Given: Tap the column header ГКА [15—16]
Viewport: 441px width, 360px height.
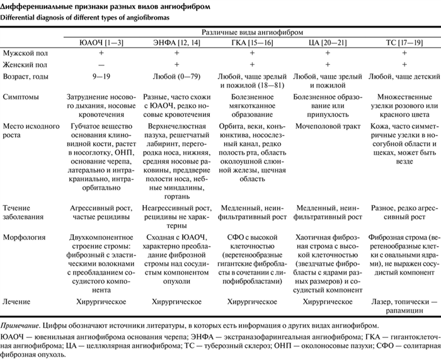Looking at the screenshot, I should pyautogui.click(x=252, y=43).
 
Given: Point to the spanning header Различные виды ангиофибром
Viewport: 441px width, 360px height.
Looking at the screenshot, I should pyautogui.click(x=252, y=31).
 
